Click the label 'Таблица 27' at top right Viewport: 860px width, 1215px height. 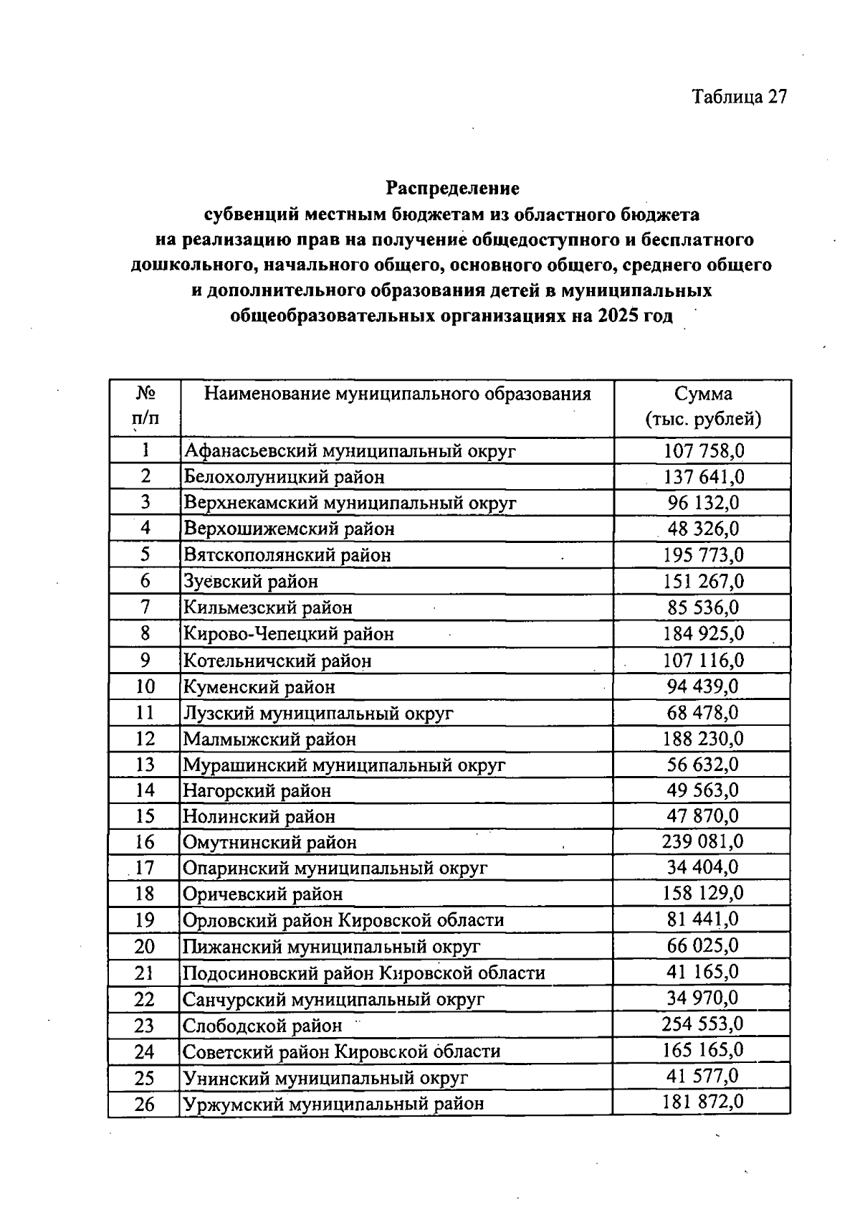[x=739, y=97]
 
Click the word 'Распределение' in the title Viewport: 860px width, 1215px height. [x=452, y=188]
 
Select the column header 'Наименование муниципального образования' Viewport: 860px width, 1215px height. [x=398, y=394]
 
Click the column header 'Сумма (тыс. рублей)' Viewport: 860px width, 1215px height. [x=703, y=407]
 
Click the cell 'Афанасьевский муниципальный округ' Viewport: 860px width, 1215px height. [x=350, y=451]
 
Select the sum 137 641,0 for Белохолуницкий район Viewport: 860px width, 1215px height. [x=703, y=477]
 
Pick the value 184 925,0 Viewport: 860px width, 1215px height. [x=703, y=634]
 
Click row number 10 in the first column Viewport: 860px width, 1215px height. [x=145, y=687]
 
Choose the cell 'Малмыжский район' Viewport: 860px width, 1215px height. [x=269, y=739]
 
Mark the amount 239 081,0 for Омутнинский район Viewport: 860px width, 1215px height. [x=702, y=841]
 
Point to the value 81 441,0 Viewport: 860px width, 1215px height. [x=702, y=919]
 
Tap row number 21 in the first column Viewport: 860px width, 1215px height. [x=145, y=973]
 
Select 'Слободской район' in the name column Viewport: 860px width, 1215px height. [x=262, y=1026]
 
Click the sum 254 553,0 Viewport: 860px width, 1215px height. [x=702, y=1024]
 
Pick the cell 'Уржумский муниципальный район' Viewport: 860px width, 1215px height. [x=333, y=1104]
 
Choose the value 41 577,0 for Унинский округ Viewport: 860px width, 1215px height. [x=702, y=1077]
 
